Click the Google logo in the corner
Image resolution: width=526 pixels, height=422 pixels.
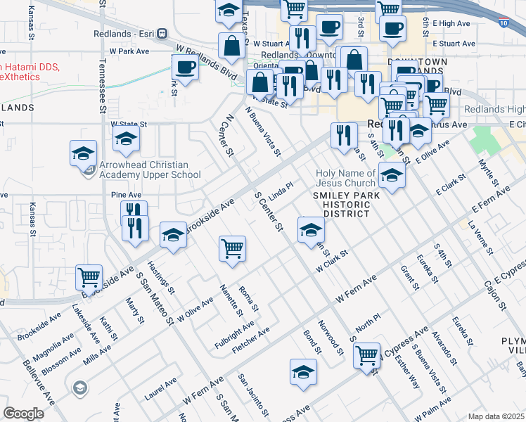pyautogui.click(x=23, y=414)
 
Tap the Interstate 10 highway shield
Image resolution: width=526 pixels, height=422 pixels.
pyautogui.click(x=503, y=23)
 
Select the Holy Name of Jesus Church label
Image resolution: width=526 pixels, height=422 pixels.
pyautogui.click(x=345, y=178)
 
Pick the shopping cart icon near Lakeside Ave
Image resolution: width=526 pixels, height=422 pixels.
pyautogui.click(x=89, y=277)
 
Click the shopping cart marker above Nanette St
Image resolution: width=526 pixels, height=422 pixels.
pyautogui.click(x=232, y=248)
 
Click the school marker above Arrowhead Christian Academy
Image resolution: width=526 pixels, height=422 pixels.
pyautogui.click(x=127, y=139)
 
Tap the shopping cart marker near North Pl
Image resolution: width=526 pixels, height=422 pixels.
pyautogui.click(x=366, y=356)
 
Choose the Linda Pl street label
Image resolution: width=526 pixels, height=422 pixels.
pyautogui.click(x=281, y=191)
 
